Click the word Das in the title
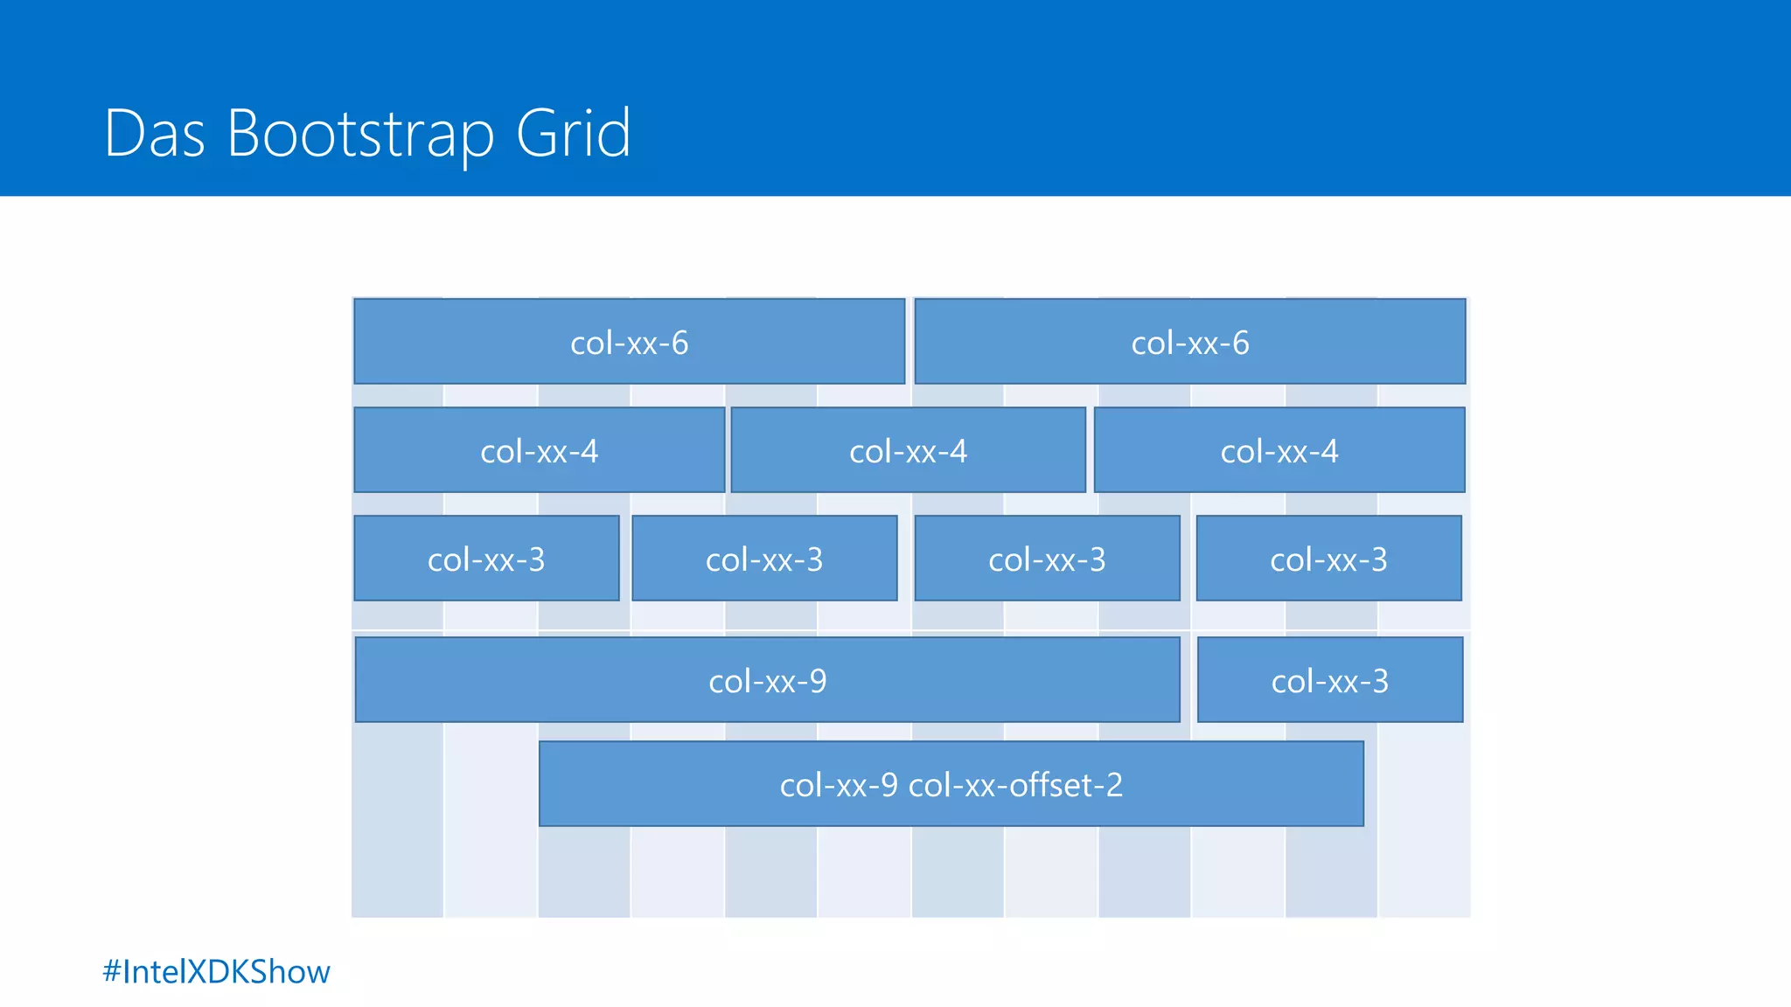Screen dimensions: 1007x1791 click(x=154, y=134)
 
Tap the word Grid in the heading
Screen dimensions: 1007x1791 click(x=574, y=134)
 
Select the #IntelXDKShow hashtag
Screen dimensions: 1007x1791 click(x=216, y=972)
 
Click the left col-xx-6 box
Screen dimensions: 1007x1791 click(x=629, y=342)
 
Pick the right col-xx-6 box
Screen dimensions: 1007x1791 click(x=1189, y=342)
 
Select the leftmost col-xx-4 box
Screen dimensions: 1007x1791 click(x=539, y=450)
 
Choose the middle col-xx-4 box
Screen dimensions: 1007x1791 click(x=908, y=450)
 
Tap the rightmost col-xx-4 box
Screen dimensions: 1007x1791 click(x=1279, y=450)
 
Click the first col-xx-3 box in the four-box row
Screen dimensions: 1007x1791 click(x=486, y=559)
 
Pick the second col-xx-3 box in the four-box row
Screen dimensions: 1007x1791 click(x=764, y=559)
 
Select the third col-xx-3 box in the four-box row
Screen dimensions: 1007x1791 click(x=1047, y=559)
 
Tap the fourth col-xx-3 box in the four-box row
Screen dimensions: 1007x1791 click(x=1328, y=559)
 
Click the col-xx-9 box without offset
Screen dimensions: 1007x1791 click(x=767, y=680)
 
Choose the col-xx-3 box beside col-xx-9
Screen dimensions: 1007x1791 click(x=1329, y=680)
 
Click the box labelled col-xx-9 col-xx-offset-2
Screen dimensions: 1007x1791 click(x=951, y=784)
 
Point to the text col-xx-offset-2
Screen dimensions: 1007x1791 click(x=1015, y=785)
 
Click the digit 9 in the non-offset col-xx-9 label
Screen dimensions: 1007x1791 click(x=818, y=681)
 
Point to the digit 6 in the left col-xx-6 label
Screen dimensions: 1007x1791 click(x=679, y=343)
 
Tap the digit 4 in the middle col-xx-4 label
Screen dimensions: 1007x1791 click(x=958, y=451)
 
